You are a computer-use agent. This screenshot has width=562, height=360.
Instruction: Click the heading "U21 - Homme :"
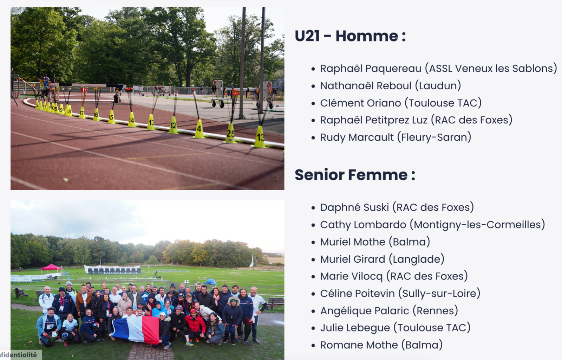click(x=350, y=36)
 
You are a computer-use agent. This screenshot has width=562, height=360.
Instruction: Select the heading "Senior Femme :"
click(x=355, y=175)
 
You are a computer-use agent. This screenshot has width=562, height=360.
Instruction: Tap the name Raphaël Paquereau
click(x=371, y=69)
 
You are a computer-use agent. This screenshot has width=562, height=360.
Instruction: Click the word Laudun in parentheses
click(x=438, y=86)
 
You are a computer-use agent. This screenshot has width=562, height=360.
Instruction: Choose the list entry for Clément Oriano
click(x=401, y=103)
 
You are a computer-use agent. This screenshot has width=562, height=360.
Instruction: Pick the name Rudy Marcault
click(x=357, y=137)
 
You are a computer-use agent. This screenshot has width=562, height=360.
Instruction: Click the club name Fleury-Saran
click(x=434, y=137)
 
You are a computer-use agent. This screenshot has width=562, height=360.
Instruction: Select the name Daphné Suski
click(x=354, y=207)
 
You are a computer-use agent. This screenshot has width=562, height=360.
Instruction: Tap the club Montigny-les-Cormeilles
click(x=477, y=225)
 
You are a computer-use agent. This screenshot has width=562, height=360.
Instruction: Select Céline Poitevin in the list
click(x=357, y=294)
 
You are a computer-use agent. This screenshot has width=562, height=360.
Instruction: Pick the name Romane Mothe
click(x=359, y=345)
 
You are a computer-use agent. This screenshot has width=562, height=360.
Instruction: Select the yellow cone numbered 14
click(x=131, y=120)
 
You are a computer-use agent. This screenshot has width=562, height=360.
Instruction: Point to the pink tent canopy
click(x=51, y=267)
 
